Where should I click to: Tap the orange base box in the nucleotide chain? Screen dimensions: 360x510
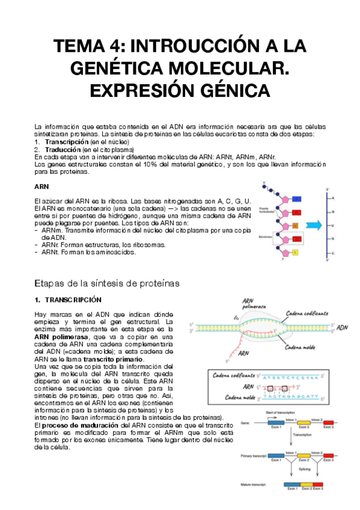tap(295, 225)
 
